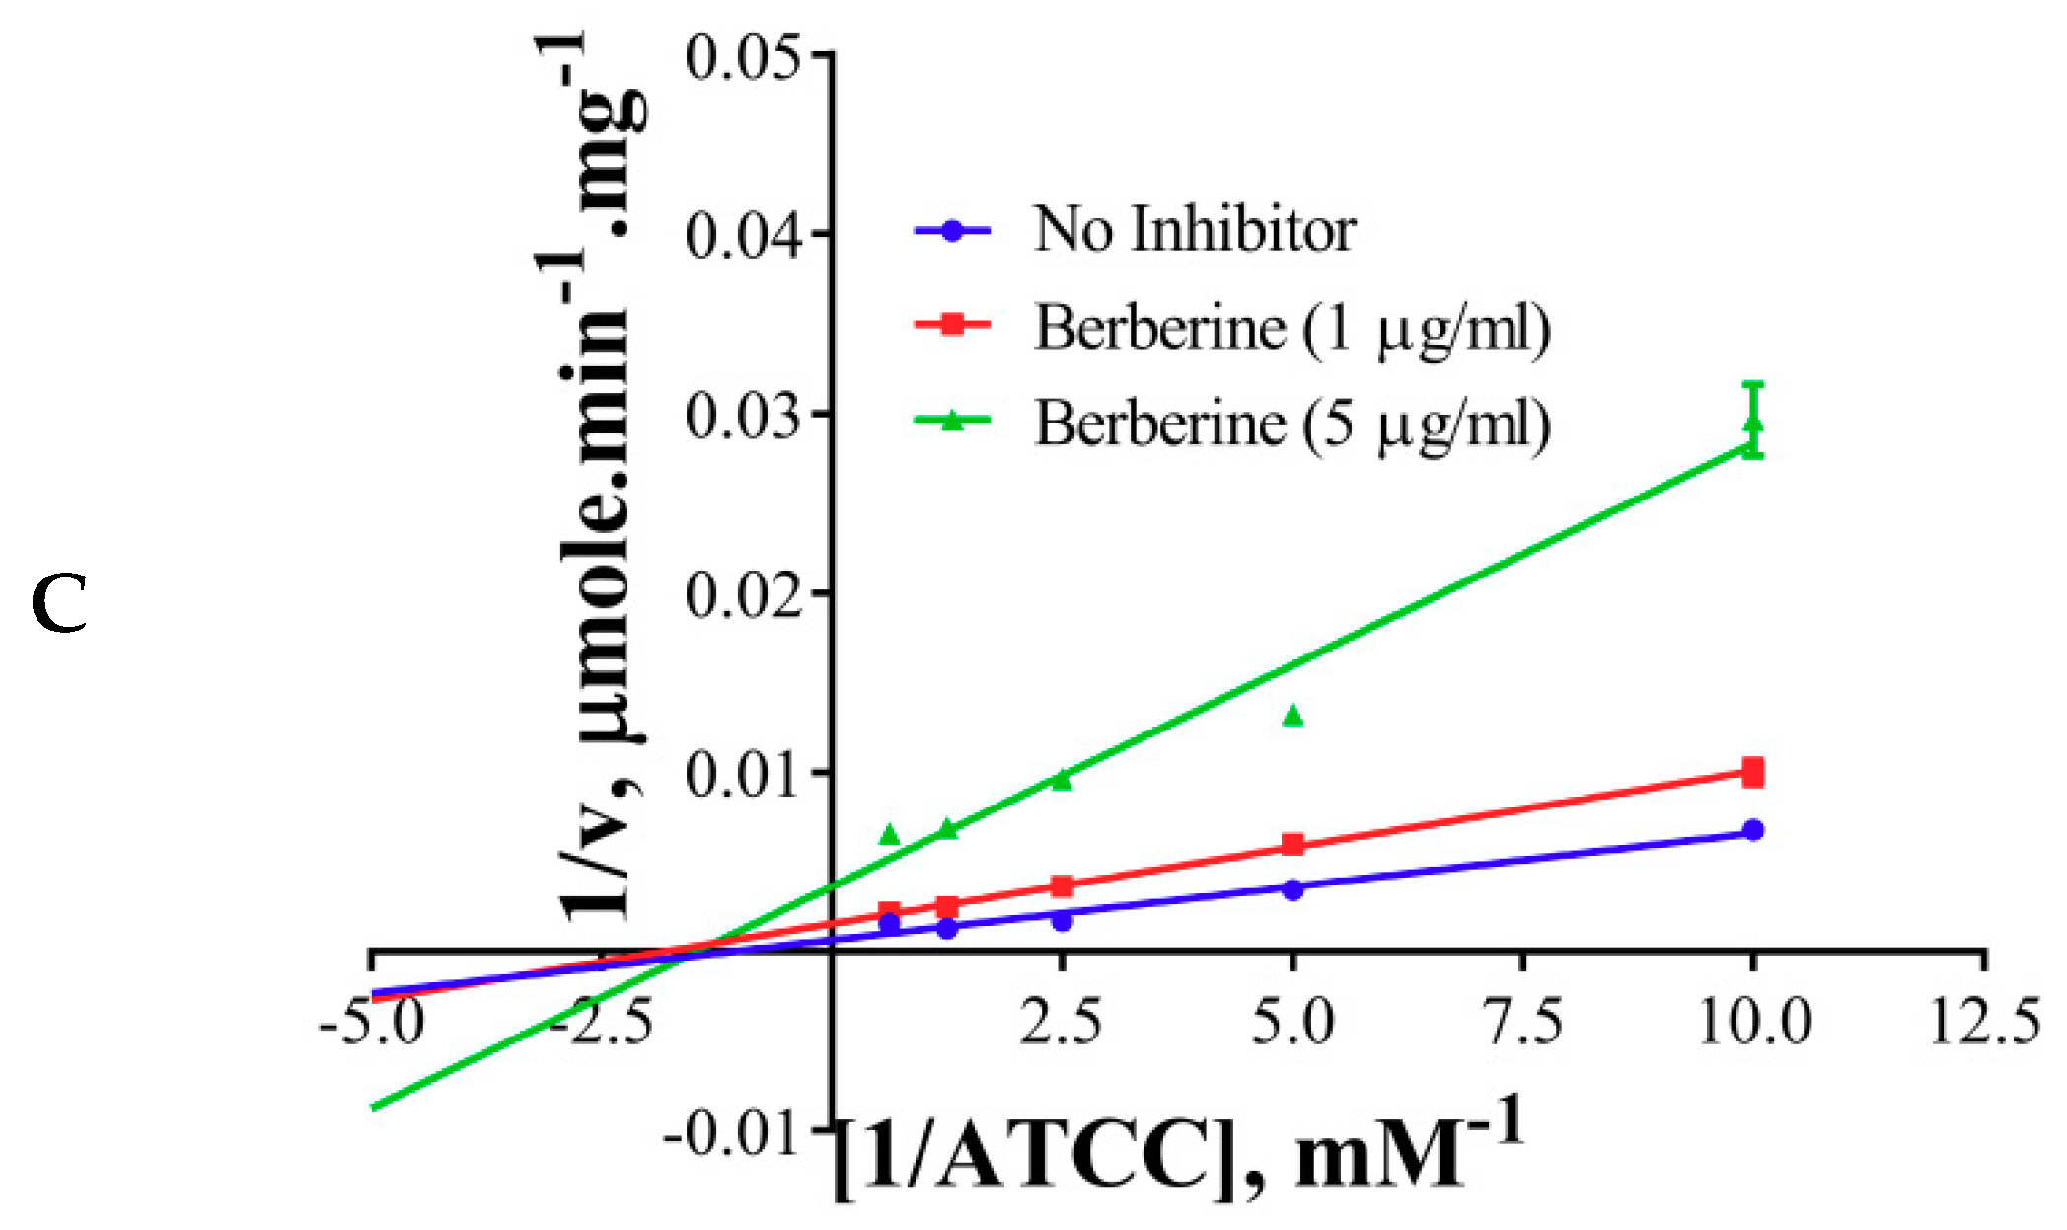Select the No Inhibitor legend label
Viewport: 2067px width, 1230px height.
pyautogui.click(x=1194, y=230)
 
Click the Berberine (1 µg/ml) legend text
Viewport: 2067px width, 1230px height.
pyautogui.click(x=1292, y=329)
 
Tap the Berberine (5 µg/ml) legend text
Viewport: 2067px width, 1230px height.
pyautogui.click(x=1292, y=425)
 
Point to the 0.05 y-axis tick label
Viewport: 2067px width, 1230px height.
pyautogui.click(x=742, y=57)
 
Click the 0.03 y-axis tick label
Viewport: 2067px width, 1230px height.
pyautogui.click(x=742, y=416)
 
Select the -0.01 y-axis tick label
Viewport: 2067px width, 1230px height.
pyautogui.click(x=731, y=1133)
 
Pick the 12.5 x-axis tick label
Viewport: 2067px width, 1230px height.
pyautogui.click(x=1984, y=1021)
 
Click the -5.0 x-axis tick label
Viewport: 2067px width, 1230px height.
pyautogui.click(x=372, y=1021)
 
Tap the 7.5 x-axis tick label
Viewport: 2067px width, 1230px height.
pyautogui.click(x=1524, y=1021)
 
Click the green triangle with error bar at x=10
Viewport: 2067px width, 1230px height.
pyautogui.click(x=1753, y=424)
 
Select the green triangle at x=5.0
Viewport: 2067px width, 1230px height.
pyautogui.click(x=1292, y=716)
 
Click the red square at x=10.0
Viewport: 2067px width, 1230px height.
pyautogui.click(x=1753, y=773)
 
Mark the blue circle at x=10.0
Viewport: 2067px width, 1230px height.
pyautogui.click(x=1753, y=830)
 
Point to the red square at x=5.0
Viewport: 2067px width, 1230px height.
pyautogui.click(x=1292, y=845)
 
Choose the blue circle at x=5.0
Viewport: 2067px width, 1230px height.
pyautogui.click(x=1292, y=889)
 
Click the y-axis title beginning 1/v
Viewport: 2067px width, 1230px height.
pyautogui.click(x=597, y=474)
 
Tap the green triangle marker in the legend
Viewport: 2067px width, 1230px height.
pyautogui.click(x=952, y=422)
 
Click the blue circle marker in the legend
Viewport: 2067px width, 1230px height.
pyautogui.click(x=952, y=231)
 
